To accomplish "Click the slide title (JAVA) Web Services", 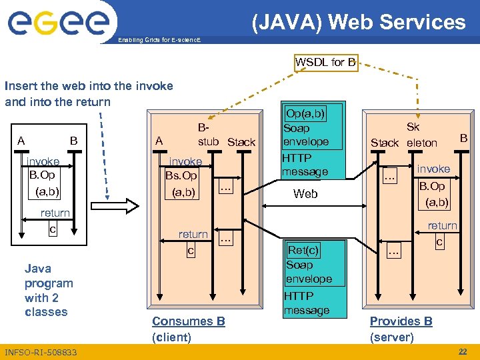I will pos(359,22).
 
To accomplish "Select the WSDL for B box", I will pos(325,62).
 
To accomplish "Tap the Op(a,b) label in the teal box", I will pos(305,113).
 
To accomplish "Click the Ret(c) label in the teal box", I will pos(303,250).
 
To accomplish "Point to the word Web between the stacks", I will pos(306,194).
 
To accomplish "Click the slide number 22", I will pos(463,351).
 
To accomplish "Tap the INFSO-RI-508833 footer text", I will pos(40,352).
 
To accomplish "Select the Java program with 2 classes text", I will pos(48,290).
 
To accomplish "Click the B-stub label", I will pos(208,133).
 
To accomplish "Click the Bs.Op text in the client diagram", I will pos(181,176).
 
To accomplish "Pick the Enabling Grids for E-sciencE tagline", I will pos(159,41).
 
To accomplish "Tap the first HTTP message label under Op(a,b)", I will pos(305,165).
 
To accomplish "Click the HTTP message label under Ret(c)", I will pos(306,303).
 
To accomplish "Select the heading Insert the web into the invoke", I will pos(89,86).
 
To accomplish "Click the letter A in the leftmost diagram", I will pos(22,141).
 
